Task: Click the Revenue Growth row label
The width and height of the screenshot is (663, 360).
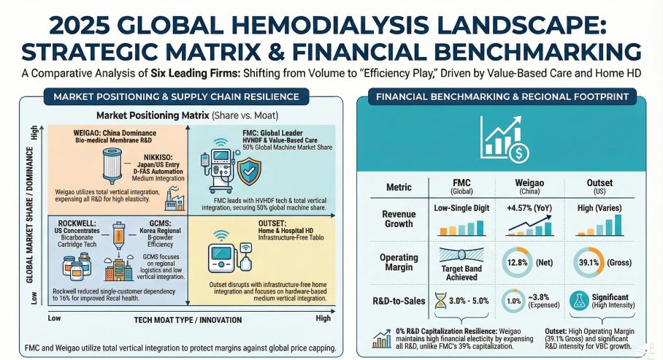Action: click(x=398, y=218)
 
